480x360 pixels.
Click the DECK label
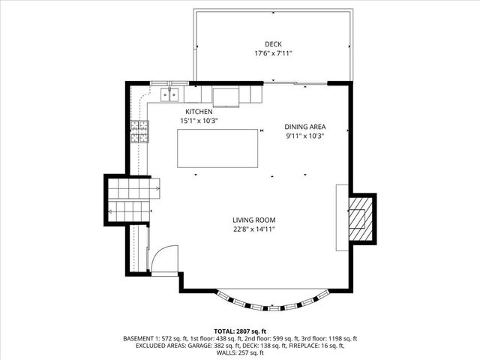(x=272, y=43)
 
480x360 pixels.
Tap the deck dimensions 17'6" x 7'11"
(x=272, y=53)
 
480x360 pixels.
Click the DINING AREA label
(x=305, y=127)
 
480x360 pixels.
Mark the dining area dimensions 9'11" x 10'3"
(x=305, y=136)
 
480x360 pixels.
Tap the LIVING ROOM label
(x=254, y=220)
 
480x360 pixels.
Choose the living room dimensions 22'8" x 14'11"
(x=254, y=229)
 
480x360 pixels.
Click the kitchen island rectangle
(x=217, y=148)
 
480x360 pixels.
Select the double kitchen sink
(x=170, y=94)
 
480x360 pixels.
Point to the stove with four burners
(x=139, y=131)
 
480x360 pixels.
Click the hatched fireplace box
(x=360, y=218)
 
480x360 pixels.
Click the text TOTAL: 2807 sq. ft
(x=240, y=331)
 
